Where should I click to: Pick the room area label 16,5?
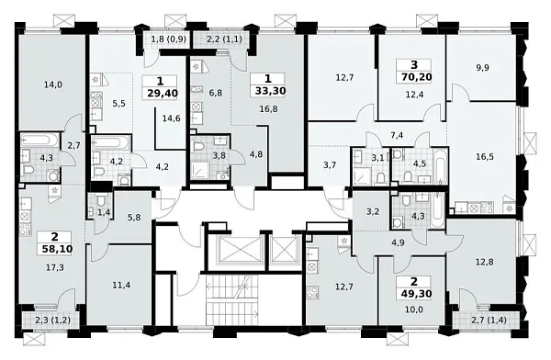click(486, 157)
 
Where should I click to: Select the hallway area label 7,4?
click(398, 136)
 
